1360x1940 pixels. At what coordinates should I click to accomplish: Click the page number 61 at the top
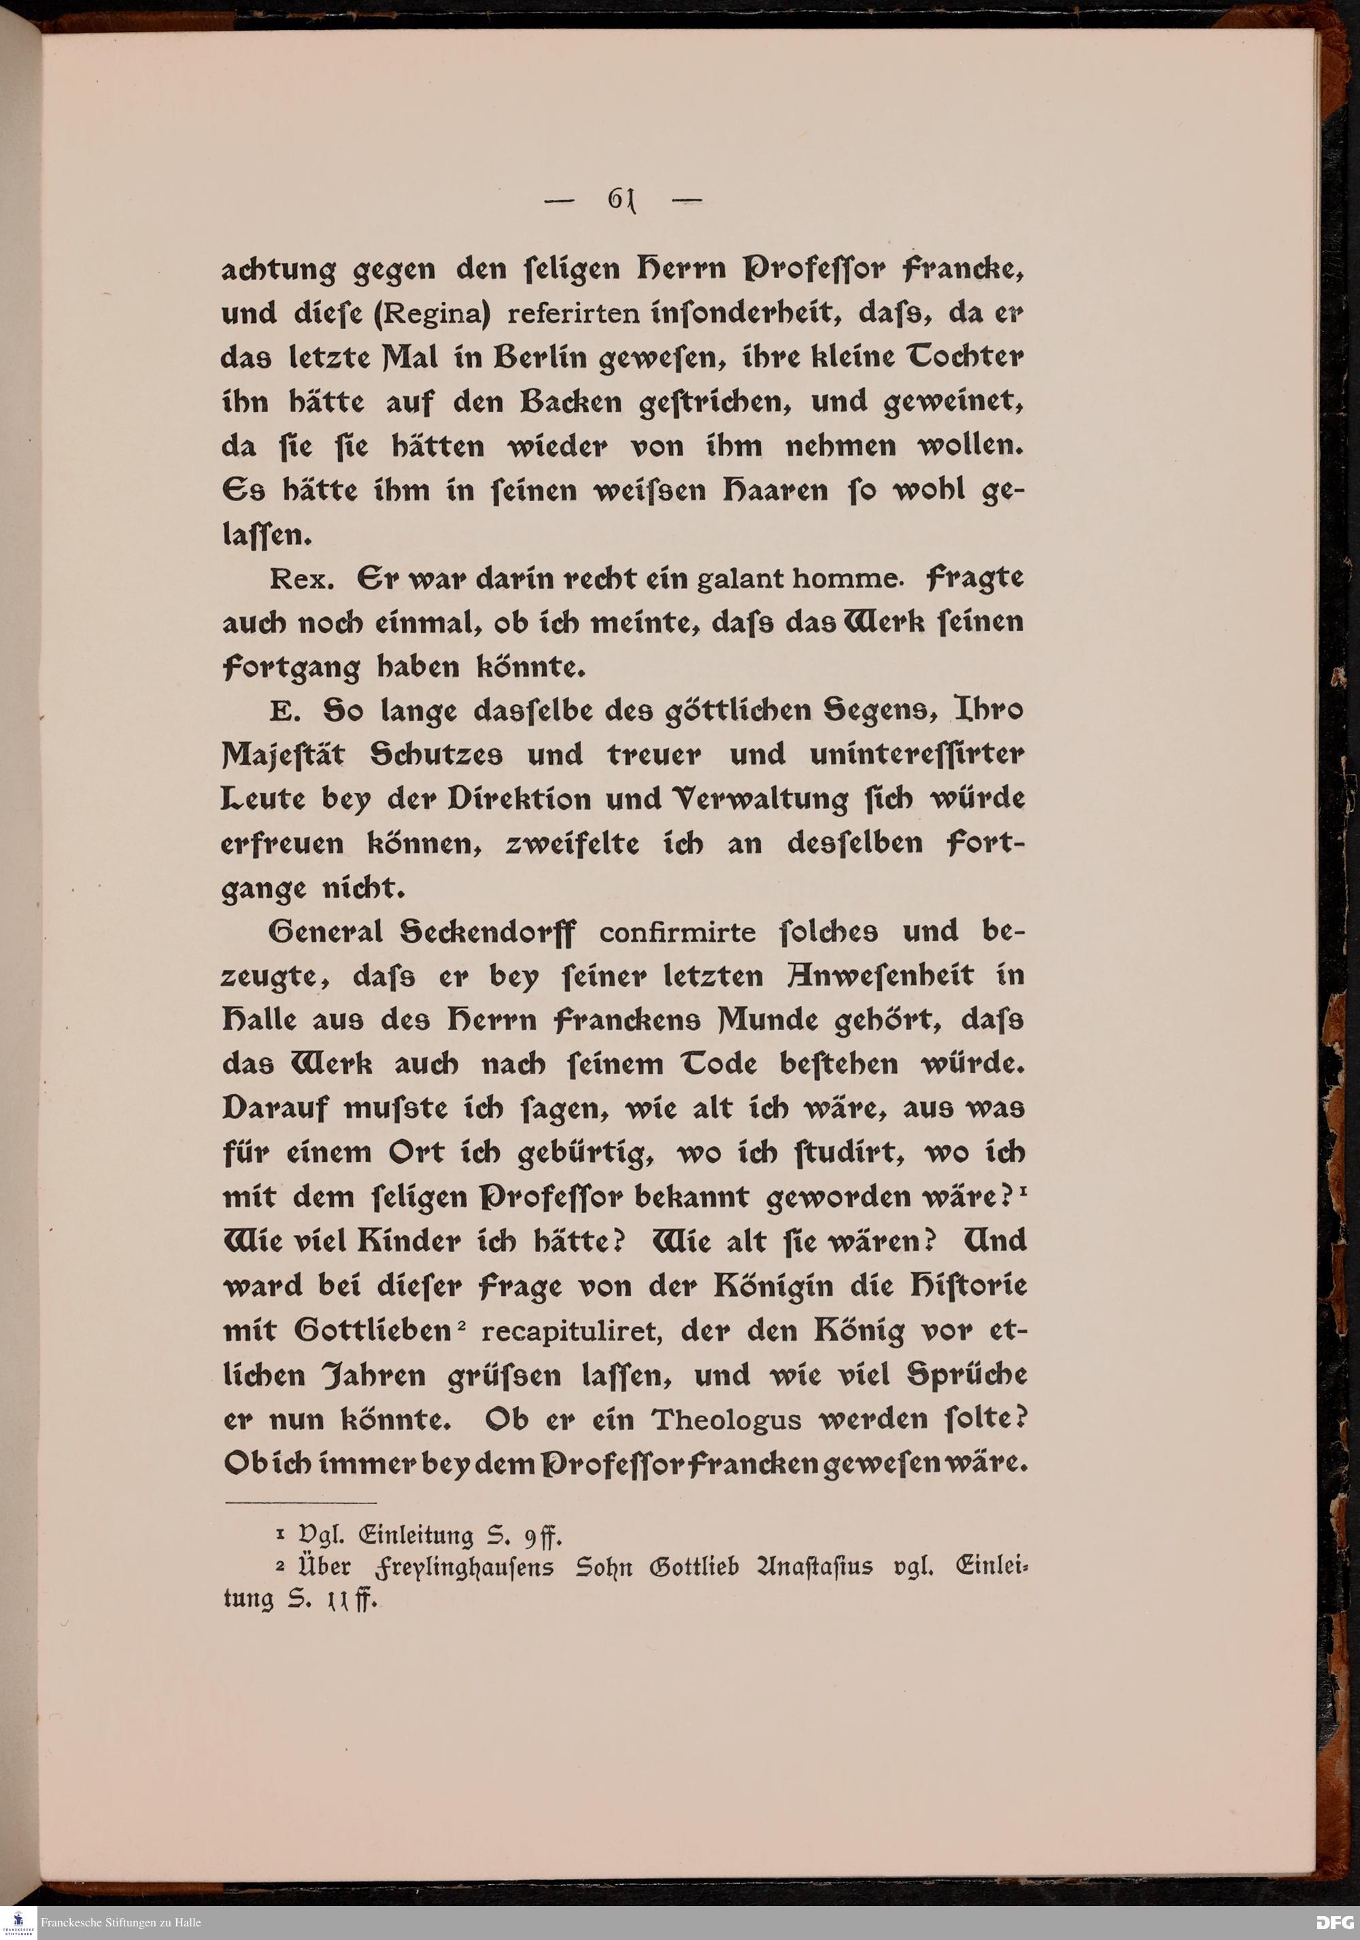pos(621,199)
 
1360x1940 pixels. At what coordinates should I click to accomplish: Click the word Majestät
pos(283,755)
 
